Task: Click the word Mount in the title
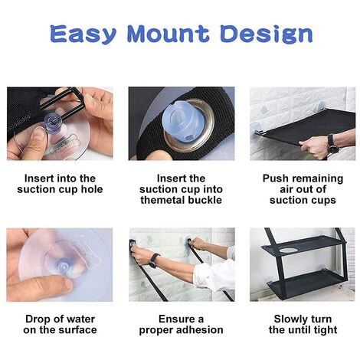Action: click(168, 34)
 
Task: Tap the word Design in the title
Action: click(266, 34)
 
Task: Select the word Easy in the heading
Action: click(83, 34)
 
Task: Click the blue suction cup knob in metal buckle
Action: click(181, 119)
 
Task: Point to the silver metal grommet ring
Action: click(190, 125)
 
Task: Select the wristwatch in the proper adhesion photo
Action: click(153, 260)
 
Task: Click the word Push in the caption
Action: click(273, 178)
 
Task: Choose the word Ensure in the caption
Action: click(175, 319)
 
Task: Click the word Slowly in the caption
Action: click(290, 319)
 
